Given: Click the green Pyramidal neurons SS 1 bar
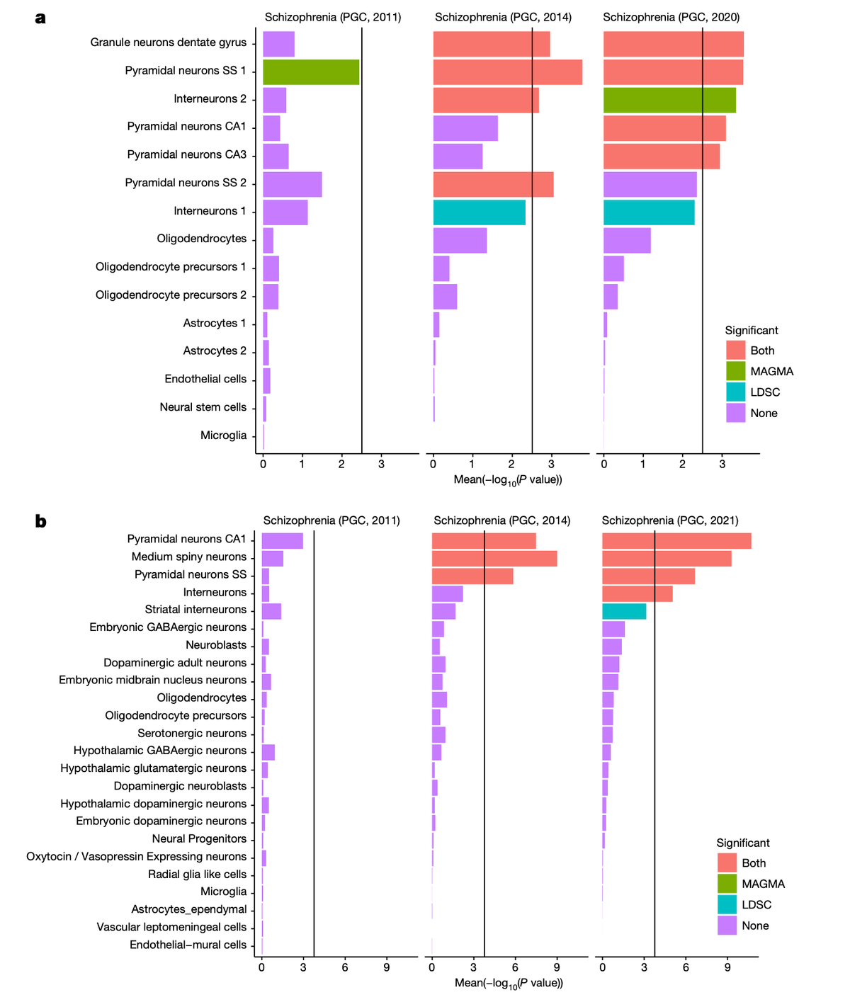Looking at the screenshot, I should click(310, 72).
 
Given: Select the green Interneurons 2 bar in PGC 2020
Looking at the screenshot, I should click(669, 100).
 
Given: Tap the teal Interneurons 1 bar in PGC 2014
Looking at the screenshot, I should click(479, 212).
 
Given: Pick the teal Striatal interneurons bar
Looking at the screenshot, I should click(623, 611).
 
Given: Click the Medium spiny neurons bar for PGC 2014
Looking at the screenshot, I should click(494, 558).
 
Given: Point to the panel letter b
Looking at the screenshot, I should click(41, 522).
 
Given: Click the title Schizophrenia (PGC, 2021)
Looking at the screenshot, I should click(669, 520).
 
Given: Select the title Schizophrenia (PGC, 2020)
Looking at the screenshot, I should click(671, 17).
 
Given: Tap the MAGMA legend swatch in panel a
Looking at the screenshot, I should click(735, 371).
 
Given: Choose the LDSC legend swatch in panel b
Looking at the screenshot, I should click(727, 904).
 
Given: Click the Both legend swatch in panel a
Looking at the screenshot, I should click(735, 350).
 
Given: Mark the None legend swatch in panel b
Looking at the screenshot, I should click(727, 926).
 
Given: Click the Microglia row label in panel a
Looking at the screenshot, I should click(223, 435).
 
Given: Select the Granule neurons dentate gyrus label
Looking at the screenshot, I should click(169, 42).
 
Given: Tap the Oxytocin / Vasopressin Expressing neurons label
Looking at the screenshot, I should click(136, 857).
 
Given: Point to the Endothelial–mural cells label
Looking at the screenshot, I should click(188, 945).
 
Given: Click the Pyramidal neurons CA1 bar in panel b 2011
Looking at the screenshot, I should click(282, 541).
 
